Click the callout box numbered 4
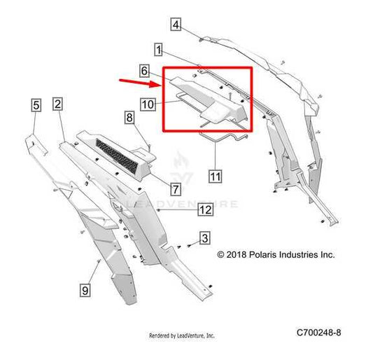[x=176, y=25]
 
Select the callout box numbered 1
[x=158, y=50]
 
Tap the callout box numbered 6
[x=144, y=71]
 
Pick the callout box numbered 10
[x=148, y=104]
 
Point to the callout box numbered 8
[x=129, y=118]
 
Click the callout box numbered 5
[x=36, y=105]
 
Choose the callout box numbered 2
[x=57, y=104]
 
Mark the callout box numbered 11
[x=216, y=176]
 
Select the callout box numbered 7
[x=176, y=190]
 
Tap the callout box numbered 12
[x=206, y=209]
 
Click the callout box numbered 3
[x=205, y=238]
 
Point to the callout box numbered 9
[x=85, y=290]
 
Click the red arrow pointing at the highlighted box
[x=138, y=83]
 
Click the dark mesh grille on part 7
[x=117, y=156]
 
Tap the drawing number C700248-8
[x=318, y=333]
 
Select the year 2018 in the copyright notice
[x=237, y=255]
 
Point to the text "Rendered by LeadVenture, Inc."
[x=182, y=335]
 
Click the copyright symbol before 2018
[x=220, y=255]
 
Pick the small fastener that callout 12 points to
[x=158, y=209]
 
